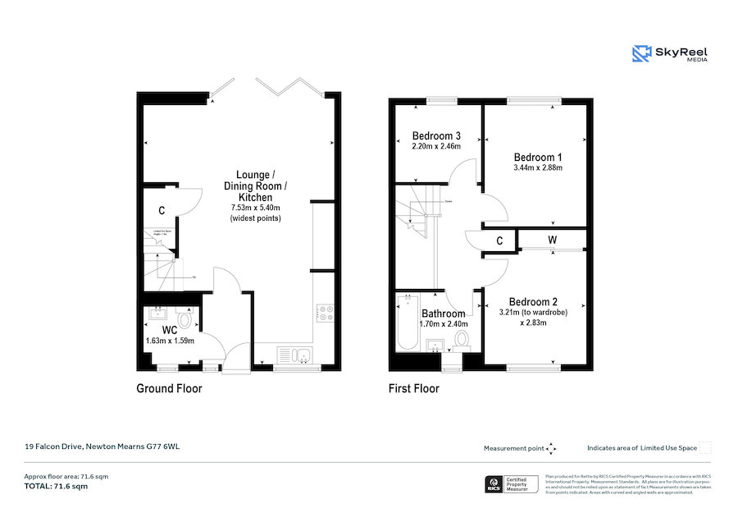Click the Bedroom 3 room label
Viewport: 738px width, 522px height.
pyautogui.click(x=436, y=135)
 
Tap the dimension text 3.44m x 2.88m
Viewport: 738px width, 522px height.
pyautogui.click(x=538, y=167)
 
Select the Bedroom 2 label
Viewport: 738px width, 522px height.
pyautogui.click(x=533, y=301)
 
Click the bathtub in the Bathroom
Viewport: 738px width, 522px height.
pyautogui.click(x=407, y=323)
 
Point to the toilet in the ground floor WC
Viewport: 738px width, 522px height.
pyautogui.click(x=184, y=318)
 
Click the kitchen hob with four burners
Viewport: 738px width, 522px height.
pyautogui.click(x=324, y=314)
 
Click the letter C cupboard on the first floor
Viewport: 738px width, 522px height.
pyautogui.click(x=500, y=241)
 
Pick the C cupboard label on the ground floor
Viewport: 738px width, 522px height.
pyautogui.click(x=162, y=211)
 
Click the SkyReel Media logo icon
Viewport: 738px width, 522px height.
pyautogui.click(x=640, y=54)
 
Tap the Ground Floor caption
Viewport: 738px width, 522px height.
pyautogui.click(x=169, y=388)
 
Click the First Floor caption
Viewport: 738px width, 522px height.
pyautogui.click(x=413, y=388)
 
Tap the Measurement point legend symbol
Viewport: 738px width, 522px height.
pyautogui.click(x=551, y=448)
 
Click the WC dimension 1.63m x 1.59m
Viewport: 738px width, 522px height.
pyautogui.click(x=170, y=340)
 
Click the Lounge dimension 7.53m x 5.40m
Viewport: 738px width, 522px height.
pyautogui.click(x=260, y=208)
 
